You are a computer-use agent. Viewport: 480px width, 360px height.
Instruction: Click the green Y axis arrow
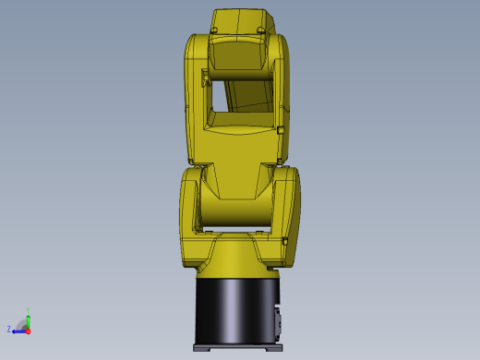pos(28,319)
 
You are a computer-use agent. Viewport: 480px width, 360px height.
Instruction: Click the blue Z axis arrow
pos(18,330)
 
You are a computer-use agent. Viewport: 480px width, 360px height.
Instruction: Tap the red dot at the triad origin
pos(28,330)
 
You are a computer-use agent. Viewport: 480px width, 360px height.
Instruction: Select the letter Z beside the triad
pos(9,329)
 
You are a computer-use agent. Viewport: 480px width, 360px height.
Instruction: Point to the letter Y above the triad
pos(29,310)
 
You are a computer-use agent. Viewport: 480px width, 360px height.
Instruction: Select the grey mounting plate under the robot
pos(237,348)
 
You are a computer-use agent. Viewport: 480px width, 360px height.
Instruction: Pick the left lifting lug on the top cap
pos(214,30)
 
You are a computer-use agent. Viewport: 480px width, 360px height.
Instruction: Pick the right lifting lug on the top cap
pos(261,30)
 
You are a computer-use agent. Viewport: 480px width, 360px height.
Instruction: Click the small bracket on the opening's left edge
pos(206,82)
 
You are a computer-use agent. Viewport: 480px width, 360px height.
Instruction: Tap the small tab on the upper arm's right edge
pos(281,129)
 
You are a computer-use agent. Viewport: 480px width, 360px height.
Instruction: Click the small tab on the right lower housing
pos(285,242)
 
